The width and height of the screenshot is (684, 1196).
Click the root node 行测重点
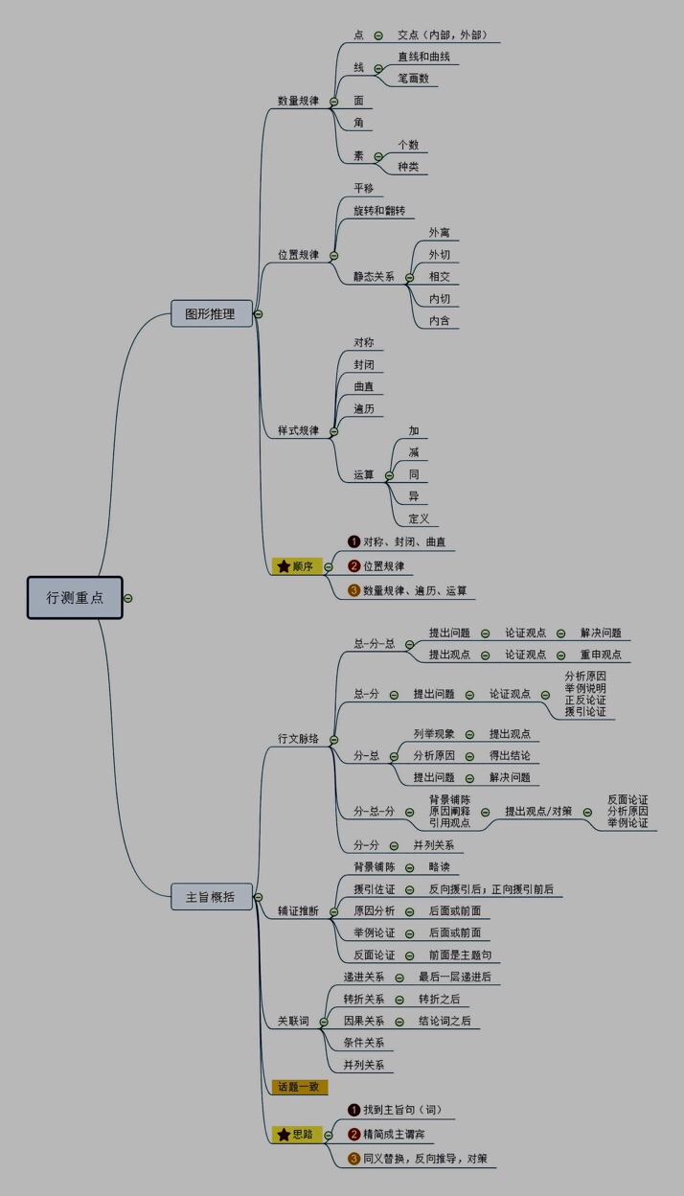click(75, 597)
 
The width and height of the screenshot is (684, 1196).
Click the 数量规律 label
click(298, 101)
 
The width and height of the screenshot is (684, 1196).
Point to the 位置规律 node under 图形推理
click(298, 255)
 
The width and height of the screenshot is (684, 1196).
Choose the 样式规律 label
click(298, 431)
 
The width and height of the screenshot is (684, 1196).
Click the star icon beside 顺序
click(284, 566)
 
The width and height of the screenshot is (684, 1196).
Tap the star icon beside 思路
click(284, 1135)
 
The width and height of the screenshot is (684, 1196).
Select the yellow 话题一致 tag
click(299, 1087)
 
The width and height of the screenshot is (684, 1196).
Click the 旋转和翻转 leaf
click(379, 210)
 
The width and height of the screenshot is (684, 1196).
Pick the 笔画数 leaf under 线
click(414, 79)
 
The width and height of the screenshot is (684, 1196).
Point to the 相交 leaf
click(440, 277)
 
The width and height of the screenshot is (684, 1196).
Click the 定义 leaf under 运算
click(419, 519)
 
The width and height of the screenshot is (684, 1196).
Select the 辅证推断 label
click(298, 910)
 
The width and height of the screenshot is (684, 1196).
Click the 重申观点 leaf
click(601, 655)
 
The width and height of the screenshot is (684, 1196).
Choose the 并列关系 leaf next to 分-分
click(434, 845)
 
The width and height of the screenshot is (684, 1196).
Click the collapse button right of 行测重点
click(128, 598)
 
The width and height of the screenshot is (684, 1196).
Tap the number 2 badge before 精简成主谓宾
click(353, 1135)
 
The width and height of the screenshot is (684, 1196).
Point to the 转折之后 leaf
click(439, 999)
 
